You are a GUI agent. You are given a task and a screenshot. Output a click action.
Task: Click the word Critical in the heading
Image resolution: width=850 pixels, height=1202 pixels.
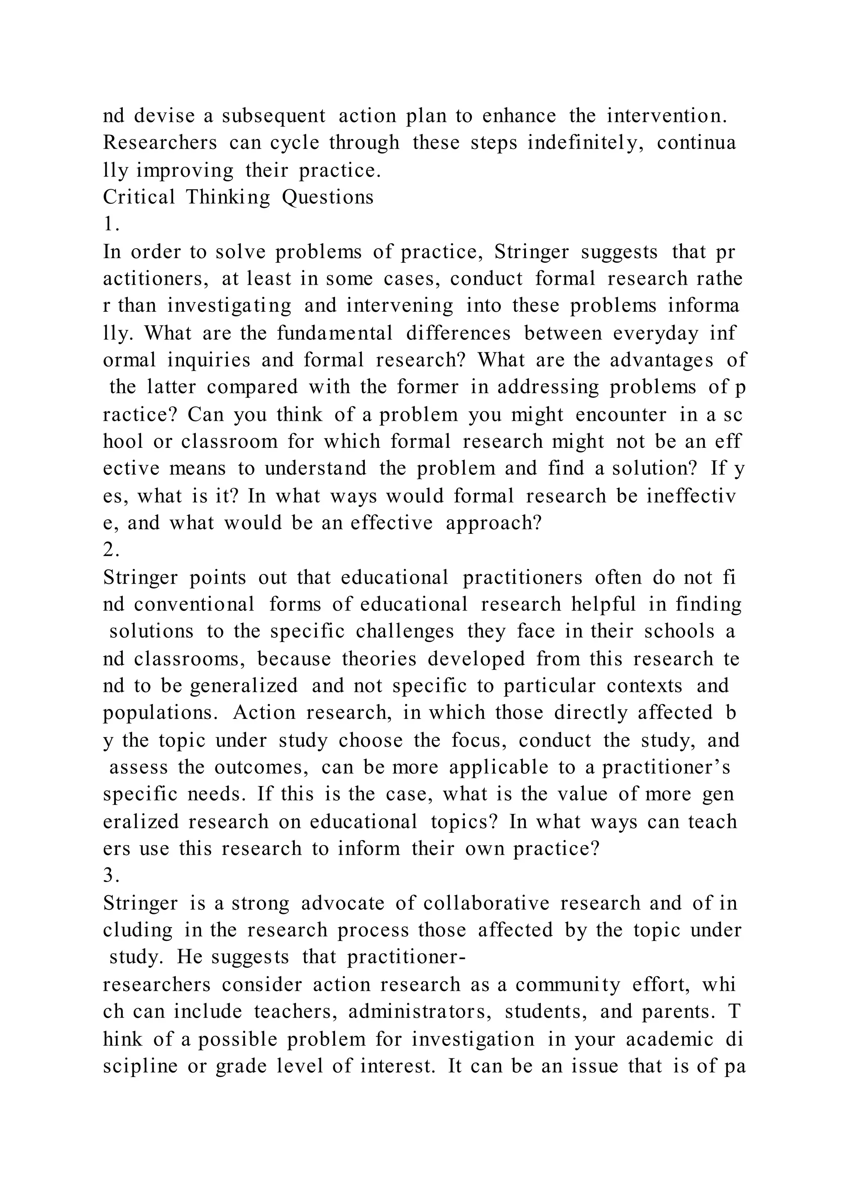tap(139, 198)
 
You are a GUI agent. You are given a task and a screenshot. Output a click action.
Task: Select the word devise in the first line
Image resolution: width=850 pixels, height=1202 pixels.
tap(164, 116)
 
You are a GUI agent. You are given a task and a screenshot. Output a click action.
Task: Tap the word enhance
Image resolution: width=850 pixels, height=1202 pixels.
tap(519, 116)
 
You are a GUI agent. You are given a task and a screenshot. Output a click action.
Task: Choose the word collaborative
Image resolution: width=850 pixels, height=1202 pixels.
tap(486, 903)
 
